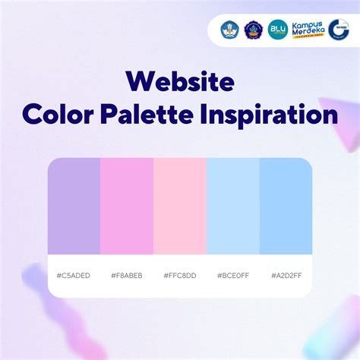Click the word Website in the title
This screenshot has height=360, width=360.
(180, 81)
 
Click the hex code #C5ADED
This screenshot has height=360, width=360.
(74, 275)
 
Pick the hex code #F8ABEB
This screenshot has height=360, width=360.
(127, 275)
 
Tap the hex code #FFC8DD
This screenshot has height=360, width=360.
(180, 275)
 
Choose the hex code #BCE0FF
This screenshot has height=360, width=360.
(233, 275)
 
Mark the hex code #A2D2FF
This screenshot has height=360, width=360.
(286, 275)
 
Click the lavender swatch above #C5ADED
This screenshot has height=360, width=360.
(74, 206)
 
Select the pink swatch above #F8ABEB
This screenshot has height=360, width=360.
(127, 206)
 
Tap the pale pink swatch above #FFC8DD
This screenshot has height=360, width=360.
(180, 206)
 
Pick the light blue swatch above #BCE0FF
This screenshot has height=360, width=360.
(233, 206)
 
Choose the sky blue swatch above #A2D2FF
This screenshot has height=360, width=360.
(286, 206)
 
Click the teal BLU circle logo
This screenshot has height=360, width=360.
(278, 30)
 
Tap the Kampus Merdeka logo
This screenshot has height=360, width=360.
(307, 30)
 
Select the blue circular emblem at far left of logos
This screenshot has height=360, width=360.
(230, 30)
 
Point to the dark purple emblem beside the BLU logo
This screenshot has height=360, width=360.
(254, 30)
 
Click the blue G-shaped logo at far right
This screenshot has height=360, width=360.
(339, 30)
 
